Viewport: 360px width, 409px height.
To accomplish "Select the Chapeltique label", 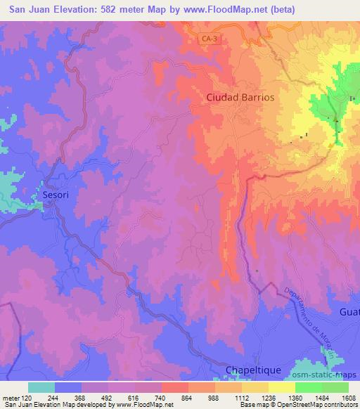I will [x=253, y=370].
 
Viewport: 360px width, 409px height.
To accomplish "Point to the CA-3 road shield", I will [x=208, y=41].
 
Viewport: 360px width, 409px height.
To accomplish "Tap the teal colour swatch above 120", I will [x=41, y=387].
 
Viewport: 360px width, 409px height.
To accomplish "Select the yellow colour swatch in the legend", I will [x=282, y=387].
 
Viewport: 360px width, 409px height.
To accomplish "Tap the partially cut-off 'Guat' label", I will [x=349, y=311].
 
